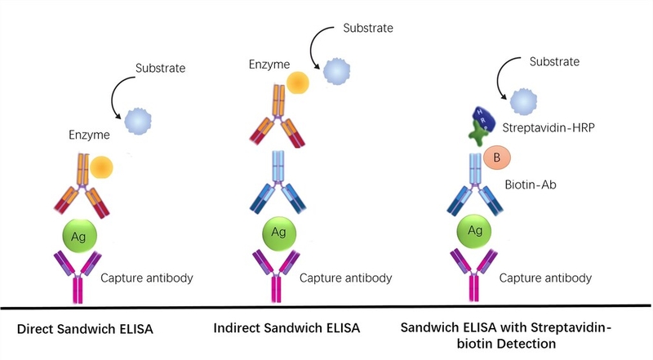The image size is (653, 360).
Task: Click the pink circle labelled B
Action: click(493, 157)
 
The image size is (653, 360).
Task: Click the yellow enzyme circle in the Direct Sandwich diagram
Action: click(102, 167)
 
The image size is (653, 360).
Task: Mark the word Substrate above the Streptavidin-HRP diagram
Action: click(555, 61)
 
